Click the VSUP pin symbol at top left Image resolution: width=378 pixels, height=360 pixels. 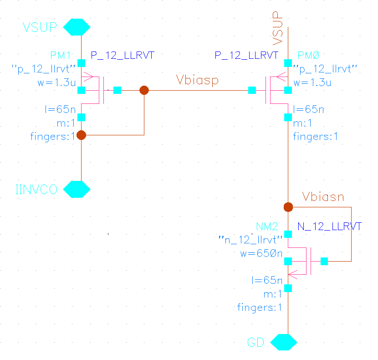(76, 27)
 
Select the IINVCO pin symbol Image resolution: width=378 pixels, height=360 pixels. (76, 189)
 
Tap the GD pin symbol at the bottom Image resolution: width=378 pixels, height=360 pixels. (284, 342)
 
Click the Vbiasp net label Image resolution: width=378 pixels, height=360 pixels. (197, 81)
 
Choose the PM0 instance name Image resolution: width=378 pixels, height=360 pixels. (308, 56)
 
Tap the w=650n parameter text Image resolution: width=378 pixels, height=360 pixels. (261, 253)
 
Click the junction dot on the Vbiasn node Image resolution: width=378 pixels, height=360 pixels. (288, 207)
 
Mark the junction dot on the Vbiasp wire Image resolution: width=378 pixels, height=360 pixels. (144, 90)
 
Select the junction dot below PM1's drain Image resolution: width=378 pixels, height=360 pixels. (81, 135)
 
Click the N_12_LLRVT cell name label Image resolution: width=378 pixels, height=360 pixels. (329, 227)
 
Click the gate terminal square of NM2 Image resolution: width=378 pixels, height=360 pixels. (324, 261)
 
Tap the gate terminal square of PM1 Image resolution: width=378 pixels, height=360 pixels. (117, 90)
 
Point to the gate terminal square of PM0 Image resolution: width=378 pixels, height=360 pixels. (252, 90)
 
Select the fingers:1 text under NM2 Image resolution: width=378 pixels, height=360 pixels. (260, 308)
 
